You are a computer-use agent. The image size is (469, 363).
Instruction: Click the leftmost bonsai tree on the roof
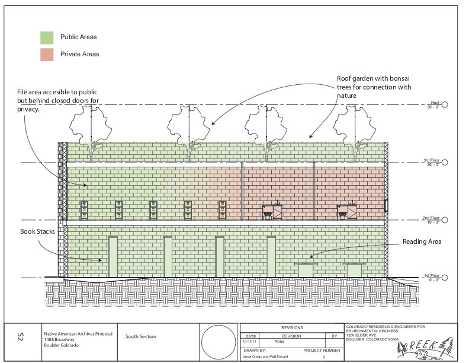91,130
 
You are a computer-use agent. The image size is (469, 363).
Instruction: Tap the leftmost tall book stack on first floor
113,256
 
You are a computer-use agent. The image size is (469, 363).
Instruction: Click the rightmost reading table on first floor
354,269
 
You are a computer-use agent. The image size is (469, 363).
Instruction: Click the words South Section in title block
141,336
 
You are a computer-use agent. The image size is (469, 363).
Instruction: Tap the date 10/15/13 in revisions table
249,342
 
